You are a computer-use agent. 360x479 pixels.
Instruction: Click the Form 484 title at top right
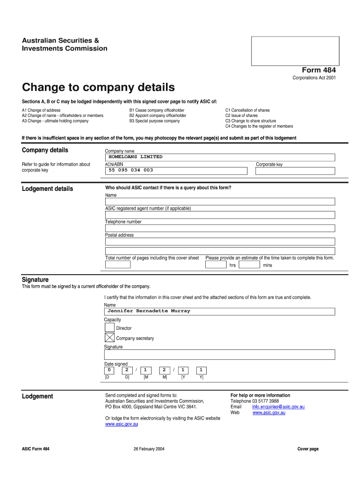(x=319, y=70)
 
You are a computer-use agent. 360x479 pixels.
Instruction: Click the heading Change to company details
(x=98, y=87)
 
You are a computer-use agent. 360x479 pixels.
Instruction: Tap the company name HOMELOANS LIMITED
(x=136, y=157)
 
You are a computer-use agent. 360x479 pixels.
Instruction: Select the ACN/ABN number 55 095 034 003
(x=131, y=170)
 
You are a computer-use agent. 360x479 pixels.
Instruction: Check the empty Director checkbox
(x=109, y=327)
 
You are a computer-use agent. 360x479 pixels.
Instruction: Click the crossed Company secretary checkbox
(x=109, y=337)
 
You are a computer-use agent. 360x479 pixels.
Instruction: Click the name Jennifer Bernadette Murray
(x=149, y=311)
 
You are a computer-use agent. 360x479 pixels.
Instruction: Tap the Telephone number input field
(x=220, y=228)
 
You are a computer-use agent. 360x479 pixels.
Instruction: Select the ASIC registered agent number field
(x=220, y=215)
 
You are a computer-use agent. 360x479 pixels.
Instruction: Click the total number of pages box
(x=118, y=265)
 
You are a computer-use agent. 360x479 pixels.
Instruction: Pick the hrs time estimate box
(x=216, y=265)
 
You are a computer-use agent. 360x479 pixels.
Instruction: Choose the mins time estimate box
(x=249, y=265)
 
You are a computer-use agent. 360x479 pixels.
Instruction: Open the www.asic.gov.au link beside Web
(x=269, y=413)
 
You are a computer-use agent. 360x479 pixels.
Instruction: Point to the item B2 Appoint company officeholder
(x=158, y=116)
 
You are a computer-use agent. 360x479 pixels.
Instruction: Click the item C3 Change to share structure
(x=250, y=121)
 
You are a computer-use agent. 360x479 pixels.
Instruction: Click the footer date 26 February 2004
(x=149, y=449)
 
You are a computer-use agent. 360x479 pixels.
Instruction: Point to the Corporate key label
(x=269, y=165)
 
